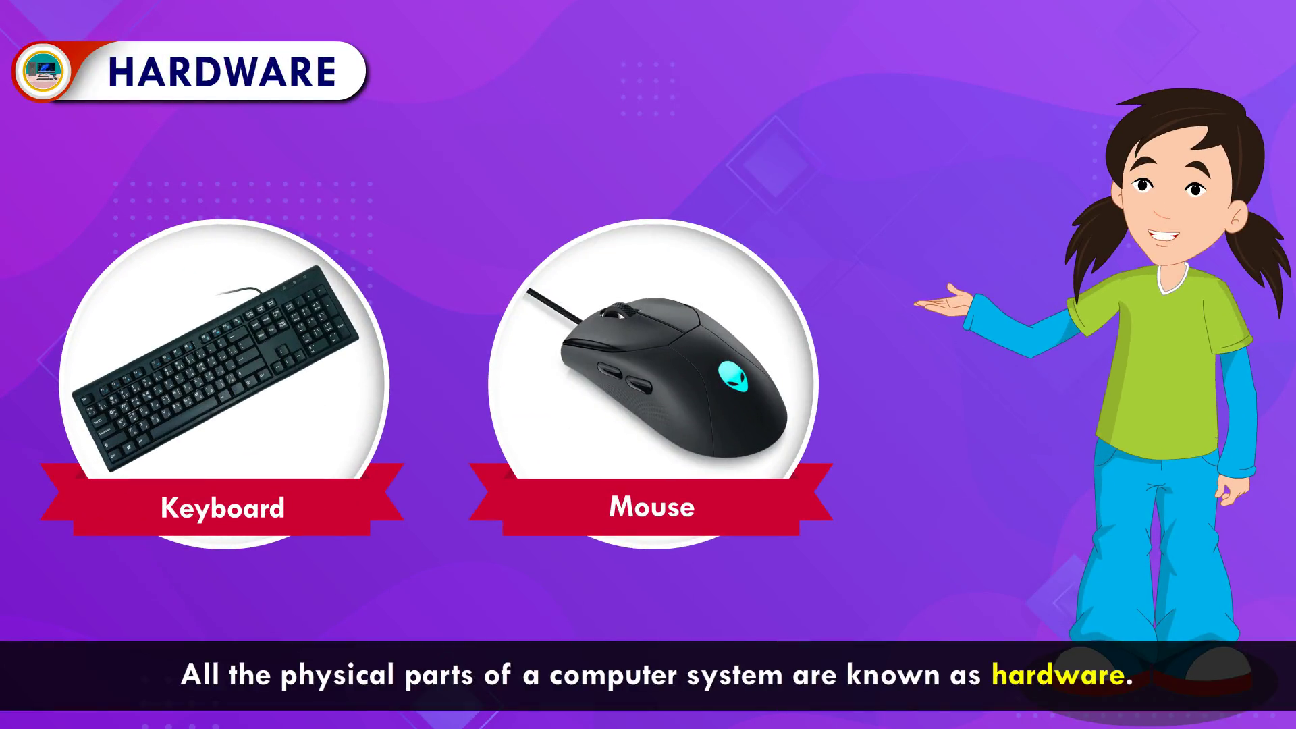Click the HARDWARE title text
point(222,72)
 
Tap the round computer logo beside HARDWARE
point(43,71)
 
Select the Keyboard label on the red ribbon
point(223,508)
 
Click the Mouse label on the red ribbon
point(651,507)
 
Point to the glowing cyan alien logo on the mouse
point(733,376)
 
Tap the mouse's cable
point(553,304)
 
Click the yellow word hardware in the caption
point(1058,675)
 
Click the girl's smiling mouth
point(1164,236)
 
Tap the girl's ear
point(1238,217)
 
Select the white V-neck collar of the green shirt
point(1173,279)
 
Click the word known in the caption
point(893,675)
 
